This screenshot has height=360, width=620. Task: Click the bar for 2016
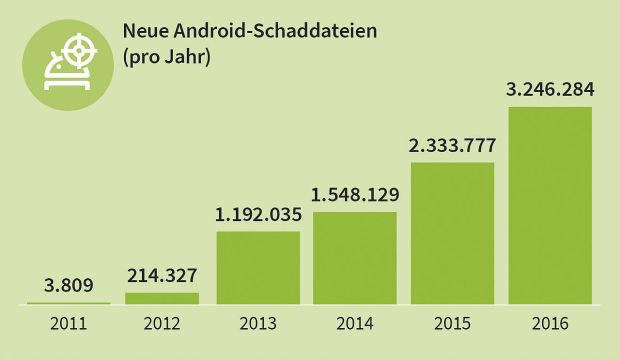(550, 204)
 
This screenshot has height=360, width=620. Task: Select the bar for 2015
(453, 232)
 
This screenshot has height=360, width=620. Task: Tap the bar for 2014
(355, 257)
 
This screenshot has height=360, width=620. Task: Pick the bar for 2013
(258, 267)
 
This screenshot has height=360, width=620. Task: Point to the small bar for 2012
(162, 297)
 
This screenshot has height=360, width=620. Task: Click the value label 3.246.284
(550, 90)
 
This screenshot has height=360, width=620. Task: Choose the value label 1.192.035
(258, 214)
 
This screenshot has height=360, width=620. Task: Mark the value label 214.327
(162, 276)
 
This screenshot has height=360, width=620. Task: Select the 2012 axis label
(162, 324)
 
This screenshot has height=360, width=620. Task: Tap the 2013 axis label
(258, 324)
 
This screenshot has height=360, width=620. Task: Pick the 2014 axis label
(355, 324)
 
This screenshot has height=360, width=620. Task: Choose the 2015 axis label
(453, 324)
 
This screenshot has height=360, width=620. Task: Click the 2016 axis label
(550, 324)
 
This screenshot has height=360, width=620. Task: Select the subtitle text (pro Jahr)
(165, 57)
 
